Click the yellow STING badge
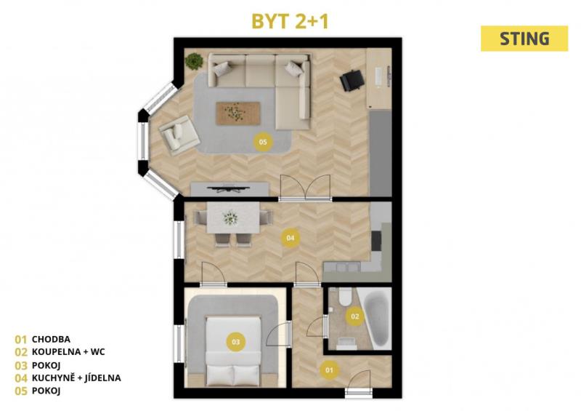[524, 39]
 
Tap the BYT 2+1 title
[290, 21]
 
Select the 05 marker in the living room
[263, 142]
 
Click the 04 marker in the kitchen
[290, 238]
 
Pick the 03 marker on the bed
[235, 342]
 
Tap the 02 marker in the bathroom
[354, 316]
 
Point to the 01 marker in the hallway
[330, 370]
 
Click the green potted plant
[194, 61]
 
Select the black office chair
[352, 81]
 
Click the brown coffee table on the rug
[238, 113]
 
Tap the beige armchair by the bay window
[179, 135]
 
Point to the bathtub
[377, 319]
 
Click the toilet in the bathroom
[346, 297]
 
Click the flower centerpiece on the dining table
[230, 218]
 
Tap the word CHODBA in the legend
[51, 339]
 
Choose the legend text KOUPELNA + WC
[68, 351]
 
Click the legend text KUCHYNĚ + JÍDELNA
[76, 378]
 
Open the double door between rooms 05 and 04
[305, 188]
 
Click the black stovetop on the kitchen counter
[376, 241]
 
